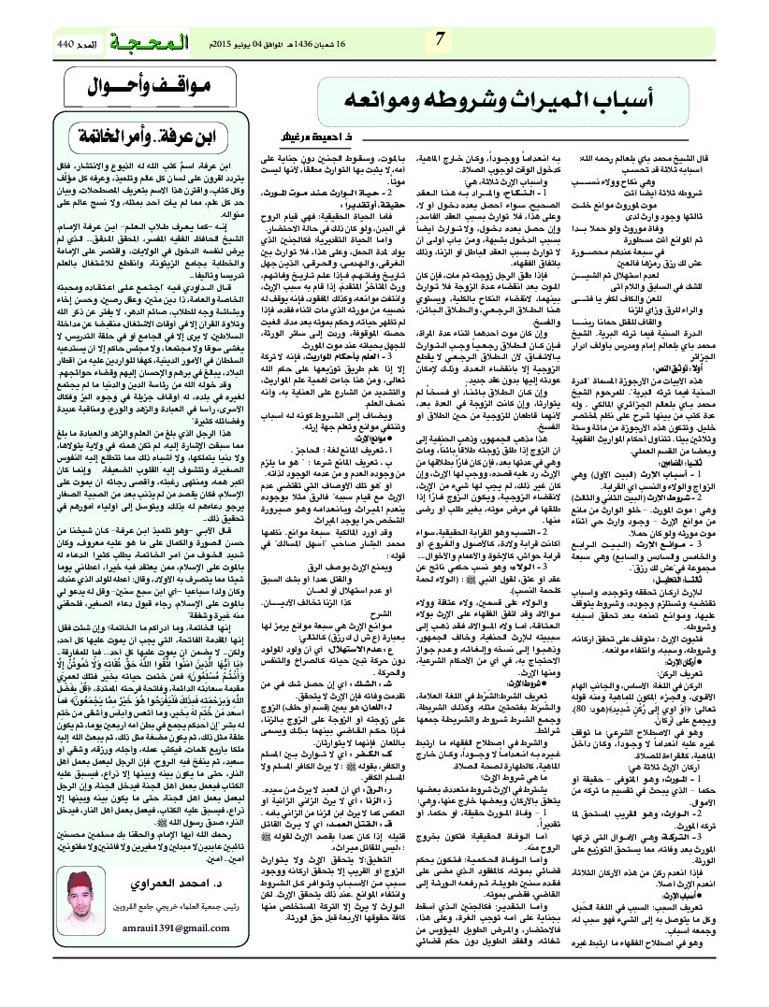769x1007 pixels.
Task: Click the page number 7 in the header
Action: pos(441,39)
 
